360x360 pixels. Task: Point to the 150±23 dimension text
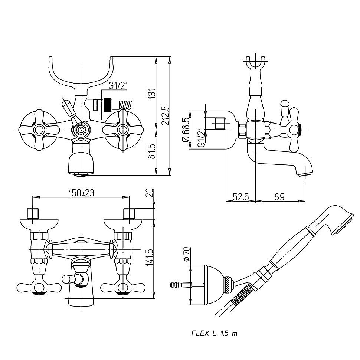tap(81, 193)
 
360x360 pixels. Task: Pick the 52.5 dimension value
tap(240, 197)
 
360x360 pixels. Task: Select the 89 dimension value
tap(280, 197)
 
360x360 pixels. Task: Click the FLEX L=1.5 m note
tap(214, 333)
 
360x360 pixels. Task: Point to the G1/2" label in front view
tap(118, 86)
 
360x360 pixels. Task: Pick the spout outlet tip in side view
tap(304, 172)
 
